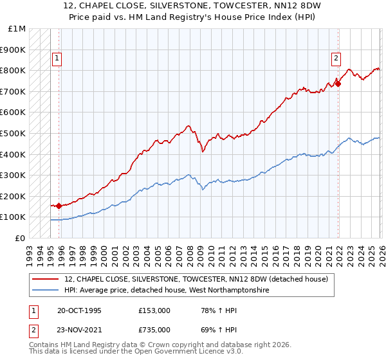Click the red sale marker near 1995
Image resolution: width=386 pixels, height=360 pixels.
pyautogui.click(x=59, y=206)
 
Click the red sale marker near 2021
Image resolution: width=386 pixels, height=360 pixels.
pyautogui.click(x=338, y=84)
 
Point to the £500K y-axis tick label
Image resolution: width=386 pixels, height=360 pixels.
pyautogui.click(x=13, y=134)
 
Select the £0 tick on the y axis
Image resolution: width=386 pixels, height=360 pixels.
pyautogui.click(x=21, y=239)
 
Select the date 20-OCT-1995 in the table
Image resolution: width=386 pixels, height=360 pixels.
pyautogui.click(x=78, y=310)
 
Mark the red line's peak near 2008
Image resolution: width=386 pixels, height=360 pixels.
pyautogui.click(x=188, y=126)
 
